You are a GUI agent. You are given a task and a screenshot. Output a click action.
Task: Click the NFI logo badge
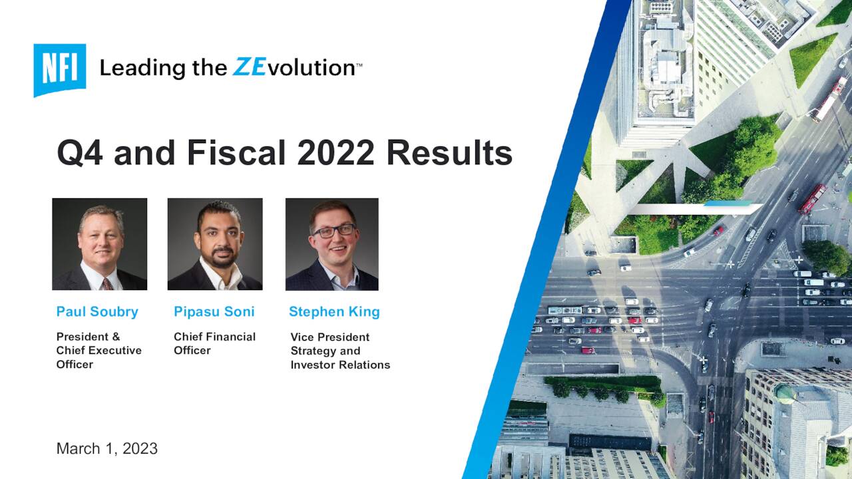[x=60, y=69]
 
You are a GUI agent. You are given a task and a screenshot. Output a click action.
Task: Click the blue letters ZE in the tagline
[x=249, y=67]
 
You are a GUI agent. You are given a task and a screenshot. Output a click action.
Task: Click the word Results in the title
[x=449, y=153]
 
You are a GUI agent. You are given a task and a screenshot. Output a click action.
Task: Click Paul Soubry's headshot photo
[x=100, y=243]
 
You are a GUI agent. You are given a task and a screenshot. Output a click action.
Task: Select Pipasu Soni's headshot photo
[x=215, y=243]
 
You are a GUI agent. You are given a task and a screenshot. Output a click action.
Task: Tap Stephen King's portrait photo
[x=332, y=243]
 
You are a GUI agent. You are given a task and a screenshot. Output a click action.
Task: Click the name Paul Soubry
[x=97, y=311]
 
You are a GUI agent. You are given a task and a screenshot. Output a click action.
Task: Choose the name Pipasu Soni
[x=214, y=311]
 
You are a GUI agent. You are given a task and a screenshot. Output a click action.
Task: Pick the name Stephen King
[x=334, y=311]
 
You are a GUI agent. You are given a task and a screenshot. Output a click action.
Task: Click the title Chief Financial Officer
[x=214, y=343]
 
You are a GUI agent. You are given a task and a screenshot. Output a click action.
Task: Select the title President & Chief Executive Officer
[x=99, y=351]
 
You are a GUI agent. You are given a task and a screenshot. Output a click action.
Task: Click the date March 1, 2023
[x=107, y=448]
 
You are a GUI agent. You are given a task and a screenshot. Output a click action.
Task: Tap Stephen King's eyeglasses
[x=333, y=230]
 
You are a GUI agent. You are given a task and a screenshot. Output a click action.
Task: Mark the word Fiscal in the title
[x=237, y=153]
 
